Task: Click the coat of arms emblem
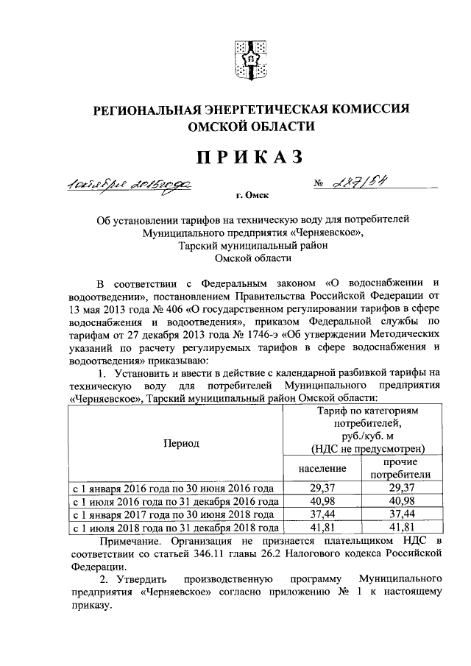(x=249, y=61)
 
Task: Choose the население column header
(x=322, y=468)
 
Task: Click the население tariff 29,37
(x=322, y=488)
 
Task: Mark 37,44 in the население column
(x=322, y=514)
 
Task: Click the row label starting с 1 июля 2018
(x=175, y=528)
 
